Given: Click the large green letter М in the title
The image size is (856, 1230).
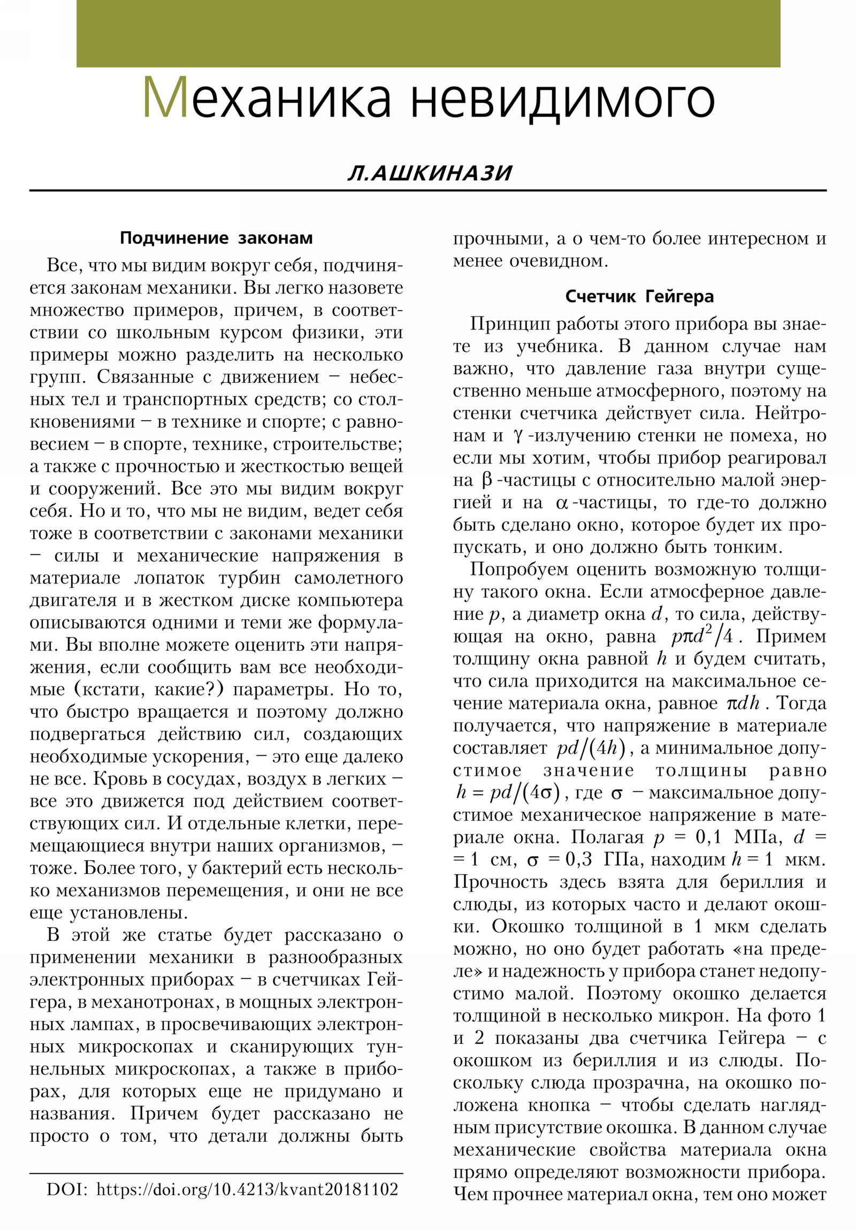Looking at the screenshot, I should [x=165, y=97].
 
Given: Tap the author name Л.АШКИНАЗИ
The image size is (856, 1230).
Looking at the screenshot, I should [x=430, y=173].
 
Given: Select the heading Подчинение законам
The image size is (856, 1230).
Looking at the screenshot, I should [x=216, y=238].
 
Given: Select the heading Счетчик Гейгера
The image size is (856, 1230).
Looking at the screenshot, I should [x=639, y=296].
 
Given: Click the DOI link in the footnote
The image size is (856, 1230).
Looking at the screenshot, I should [x=247, y=1205].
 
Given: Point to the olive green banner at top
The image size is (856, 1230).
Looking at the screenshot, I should [x=427, y=33].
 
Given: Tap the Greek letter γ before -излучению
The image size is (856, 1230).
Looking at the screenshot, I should [x=517, y=436].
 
